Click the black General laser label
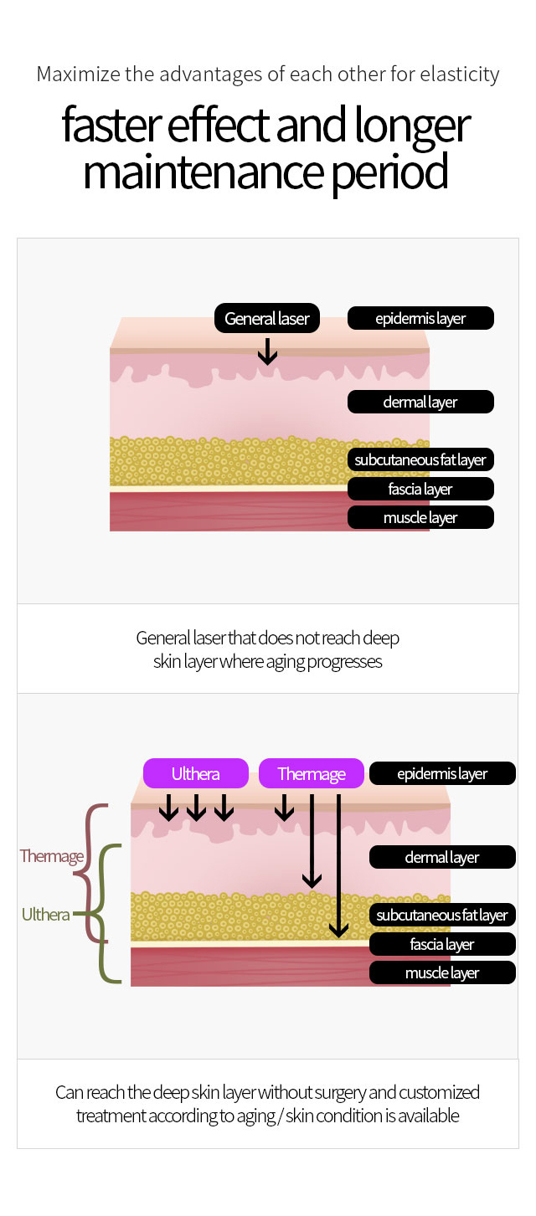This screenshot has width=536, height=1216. pyautogui.click(x=266, y=318)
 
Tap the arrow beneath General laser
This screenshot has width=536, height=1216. pyautogui.click(x=267, y=351)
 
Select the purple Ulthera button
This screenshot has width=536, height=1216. pyautogui.click(x=195, y=773)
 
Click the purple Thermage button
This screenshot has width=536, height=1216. pyautogui.click(x=312, y=773)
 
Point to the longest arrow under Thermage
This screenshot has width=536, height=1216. pyautogui.click(x=339, y=866)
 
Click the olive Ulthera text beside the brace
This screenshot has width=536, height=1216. pyautogui.click(x=45, y=914)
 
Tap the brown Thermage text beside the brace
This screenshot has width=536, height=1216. pyautogui.click(x=52, y=856)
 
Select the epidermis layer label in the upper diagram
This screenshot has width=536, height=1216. pyautogui.click(x=421, y=318)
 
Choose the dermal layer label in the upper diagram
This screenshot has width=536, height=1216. pyautogui.click(x=421, y=402)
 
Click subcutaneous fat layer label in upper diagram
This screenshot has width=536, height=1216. pyautogui.click(x=421, y=459)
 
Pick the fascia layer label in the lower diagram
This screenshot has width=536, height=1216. pyautogui.click(x=442, y=944)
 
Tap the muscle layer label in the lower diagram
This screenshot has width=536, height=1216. pyautogui.click(x=442, y=972)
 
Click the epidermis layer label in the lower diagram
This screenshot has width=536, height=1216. pyautogui.click(x=442, y=773)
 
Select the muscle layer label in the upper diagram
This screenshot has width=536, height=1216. pyautogui.click(x=421, y=517)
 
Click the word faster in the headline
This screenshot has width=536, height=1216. pyautogui.click(x=111, y=126)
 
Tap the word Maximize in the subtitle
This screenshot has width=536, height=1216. pyautogui.click(x=79, y=74)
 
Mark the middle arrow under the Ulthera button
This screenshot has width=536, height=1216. pyautogui.click(x=196, y=808)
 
